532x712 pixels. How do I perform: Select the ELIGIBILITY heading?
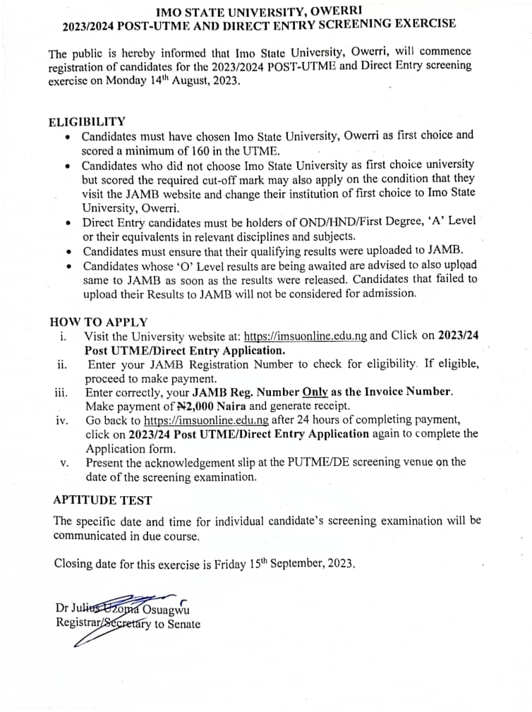click(x=87, y=121)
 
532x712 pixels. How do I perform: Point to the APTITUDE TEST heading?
click(x=102, y=500)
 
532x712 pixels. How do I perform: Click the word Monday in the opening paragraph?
click(x=130, y=81)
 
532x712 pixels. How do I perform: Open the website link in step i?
click(x=305, y=336)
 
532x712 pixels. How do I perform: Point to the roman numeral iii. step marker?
click(x=62, y=392)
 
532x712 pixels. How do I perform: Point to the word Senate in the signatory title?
click(x=184, y=624)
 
